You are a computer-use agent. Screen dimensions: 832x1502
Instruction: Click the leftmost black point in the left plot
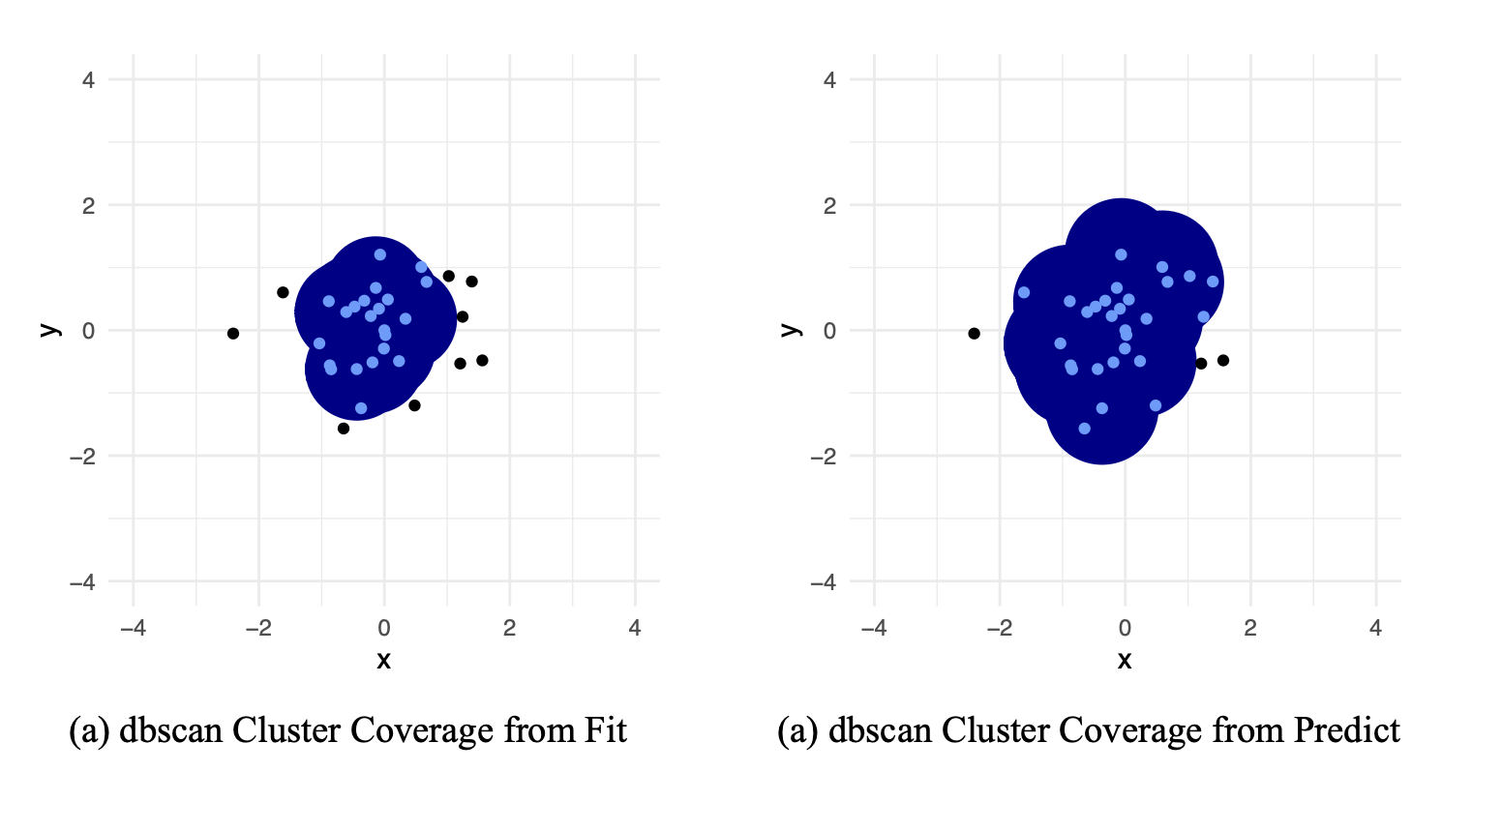click(233, 334)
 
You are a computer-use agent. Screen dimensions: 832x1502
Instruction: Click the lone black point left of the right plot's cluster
click(975, 334)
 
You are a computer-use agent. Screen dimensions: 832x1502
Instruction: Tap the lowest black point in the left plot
click(344, 429)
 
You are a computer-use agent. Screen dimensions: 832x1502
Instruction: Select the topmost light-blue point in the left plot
click(380, 254)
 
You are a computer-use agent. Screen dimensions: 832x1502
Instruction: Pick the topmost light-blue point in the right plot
click(1121, 254)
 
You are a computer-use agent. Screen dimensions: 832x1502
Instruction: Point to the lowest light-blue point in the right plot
click(1084, 429)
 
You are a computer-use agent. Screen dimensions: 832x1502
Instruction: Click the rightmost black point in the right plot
click(1223, 361)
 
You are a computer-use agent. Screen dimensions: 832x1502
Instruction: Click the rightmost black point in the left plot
click(482, 361)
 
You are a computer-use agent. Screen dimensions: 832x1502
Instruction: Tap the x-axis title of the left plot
click(383, 661)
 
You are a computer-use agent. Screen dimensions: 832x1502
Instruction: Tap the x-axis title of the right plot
click(1125, 661)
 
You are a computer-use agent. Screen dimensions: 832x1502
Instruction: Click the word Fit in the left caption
click(607, 730)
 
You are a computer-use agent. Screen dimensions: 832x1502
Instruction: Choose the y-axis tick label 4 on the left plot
click(88, 79)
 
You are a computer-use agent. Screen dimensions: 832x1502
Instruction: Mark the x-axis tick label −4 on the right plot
click(874, 629)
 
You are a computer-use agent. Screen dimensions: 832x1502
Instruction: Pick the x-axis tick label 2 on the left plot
click(509, 629)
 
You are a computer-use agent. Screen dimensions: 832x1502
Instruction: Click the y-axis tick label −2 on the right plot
click(823, 456)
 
